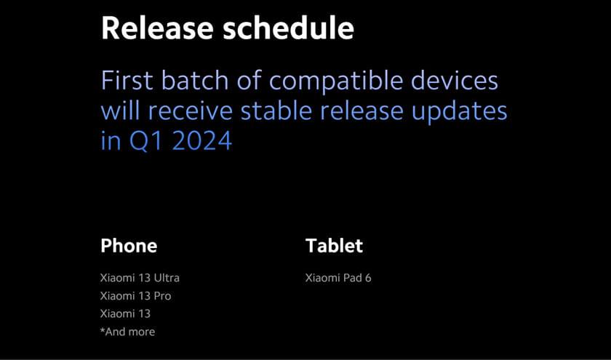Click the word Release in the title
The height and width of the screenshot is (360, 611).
(x=157, y=28)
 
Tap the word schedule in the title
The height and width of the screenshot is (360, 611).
(x=288, y=28)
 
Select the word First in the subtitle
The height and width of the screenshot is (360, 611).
(x=127, y=80)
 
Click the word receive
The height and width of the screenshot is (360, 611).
(x=190, y=111)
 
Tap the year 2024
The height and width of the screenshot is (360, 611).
(x=202, y=140)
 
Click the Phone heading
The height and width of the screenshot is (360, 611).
(x=129, y=246)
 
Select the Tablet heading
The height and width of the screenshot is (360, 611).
(x=335, y=246)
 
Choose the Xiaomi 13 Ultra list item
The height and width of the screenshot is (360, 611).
(x=140, y=278)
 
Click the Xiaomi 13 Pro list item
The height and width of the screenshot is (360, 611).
(x=135, y=296)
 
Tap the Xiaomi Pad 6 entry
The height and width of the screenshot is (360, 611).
(x=338, y=278)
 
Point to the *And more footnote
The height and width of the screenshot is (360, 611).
(x=127, y=332)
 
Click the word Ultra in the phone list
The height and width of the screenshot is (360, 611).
(x=167, y=278)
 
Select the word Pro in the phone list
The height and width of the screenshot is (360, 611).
(x=162, y=296)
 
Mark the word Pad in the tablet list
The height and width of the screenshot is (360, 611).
(x=352, y=278)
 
